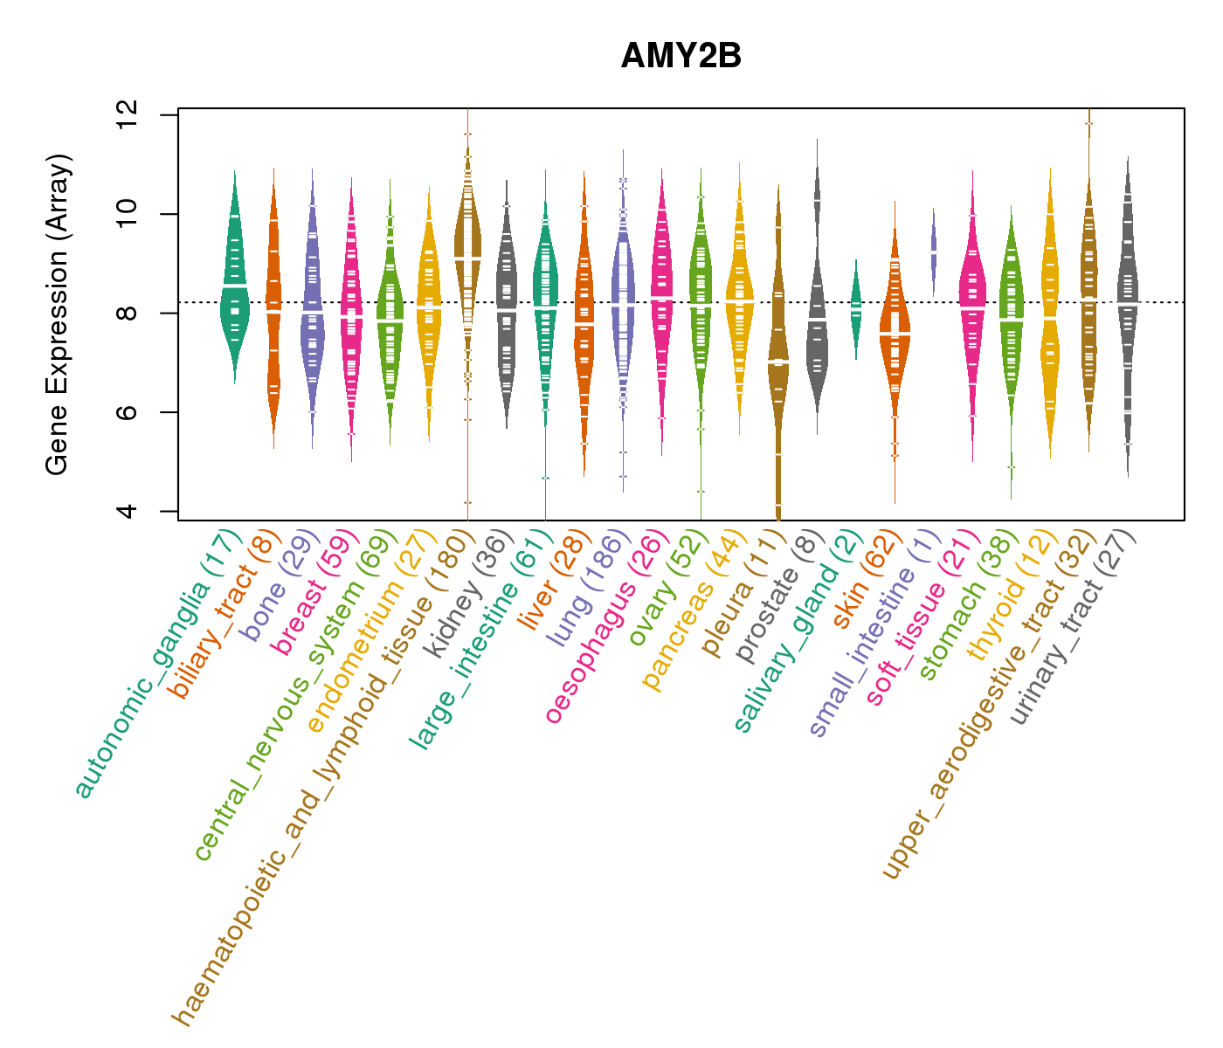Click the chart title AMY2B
click(681, 57)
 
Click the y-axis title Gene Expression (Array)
click(58, 314)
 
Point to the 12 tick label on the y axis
click(128, 114)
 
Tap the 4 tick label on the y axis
click(128, 510)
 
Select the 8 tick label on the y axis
click(128, 313)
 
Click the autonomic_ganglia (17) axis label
click(157, 664)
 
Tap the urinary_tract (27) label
click(1074, 628)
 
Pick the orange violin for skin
click(895, 332)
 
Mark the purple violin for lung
click(623, 297)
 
